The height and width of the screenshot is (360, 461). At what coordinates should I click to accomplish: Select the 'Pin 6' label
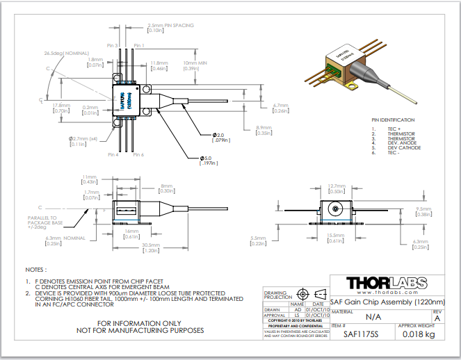click(138, 154)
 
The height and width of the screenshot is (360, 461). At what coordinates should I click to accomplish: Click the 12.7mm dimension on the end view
click(337, 186)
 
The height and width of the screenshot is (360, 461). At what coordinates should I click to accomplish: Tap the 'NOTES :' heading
click(36, 268)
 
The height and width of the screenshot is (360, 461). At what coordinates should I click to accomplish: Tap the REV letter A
click(437, 318)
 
